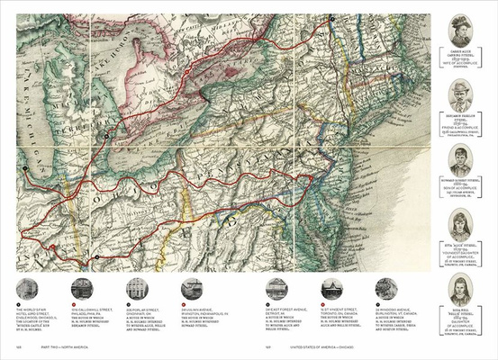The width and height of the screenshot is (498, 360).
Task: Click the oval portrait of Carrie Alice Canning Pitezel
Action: [x=461, y=31]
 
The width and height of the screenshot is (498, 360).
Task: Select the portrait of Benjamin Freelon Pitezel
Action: [x=461, y=94]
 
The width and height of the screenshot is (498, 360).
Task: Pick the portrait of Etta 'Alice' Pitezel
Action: [x=461, y=226]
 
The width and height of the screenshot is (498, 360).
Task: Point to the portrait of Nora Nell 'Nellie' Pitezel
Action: [x=461, y=290]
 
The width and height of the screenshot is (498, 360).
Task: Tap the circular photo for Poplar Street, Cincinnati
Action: [x=137, y=288]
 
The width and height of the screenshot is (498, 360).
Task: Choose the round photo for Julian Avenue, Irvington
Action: [x=191, y=288]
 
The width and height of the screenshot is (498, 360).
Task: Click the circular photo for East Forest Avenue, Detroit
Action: [x=276, y=288]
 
